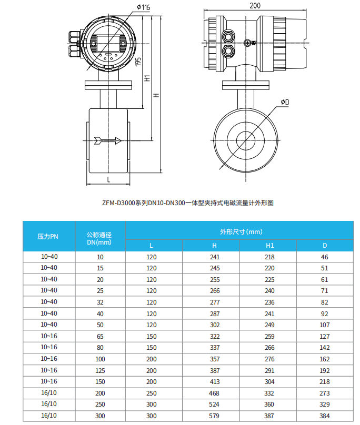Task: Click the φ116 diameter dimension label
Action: click(x=143, y=7)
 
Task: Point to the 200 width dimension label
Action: click(x=255, y=5)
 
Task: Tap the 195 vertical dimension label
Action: click(x=137, y=62)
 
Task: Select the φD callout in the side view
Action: click(x=285, y=102)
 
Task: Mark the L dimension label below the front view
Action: click(x=108, y=179)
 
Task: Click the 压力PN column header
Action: click(x=48, y=237)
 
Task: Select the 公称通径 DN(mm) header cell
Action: click(x=100, y=237)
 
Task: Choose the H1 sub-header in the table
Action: click(x=269, y=246)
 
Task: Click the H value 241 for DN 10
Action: click(x=214, y=257)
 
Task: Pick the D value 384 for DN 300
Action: click(x=325, y=416)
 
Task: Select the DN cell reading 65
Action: click(x=100, y=336)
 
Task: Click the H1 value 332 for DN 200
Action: click(x=269, y=393)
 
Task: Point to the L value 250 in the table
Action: click(x=152, y=393)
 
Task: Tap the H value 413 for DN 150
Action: click(x=214, y=381)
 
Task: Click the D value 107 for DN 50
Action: click(x=325, y=325)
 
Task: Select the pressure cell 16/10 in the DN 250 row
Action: click(x=48, y=404)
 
